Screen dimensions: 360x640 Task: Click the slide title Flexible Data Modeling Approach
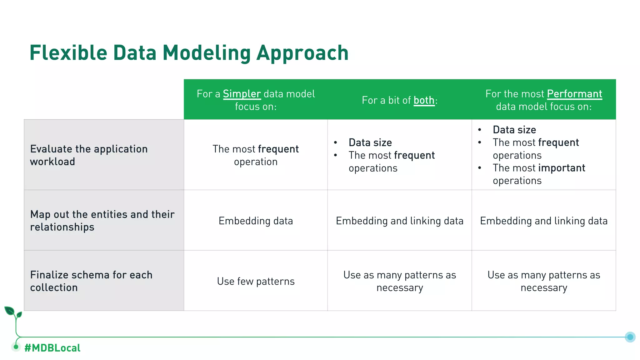click(189, 52)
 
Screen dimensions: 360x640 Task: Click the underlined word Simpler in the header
click(242, 94)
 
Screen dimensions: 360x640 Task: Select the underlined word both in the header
click(424, 100)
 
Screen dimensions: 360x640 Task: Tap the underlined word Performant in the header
click(574, 94)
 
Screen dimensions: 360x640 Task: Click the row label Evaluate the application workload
click(89, 155)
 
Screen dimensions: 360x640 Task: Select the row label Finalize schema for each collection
click(91, 281)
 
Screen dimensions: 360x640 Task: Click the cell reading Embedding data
click(256, 221)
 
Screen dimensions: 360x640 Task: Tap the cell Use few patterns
click(256, 281)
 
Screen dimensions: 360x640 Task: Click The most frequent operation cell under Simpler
click(256, 155)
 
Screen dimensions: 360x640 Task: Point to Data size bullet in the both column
click(370, 142)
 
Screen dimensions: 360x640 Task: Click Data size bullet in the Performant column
click(514, 130)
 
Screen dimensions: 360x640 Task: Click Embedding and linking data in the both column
click(399, 221)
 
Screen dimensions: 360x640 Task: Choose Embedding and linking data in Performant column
click(544, 221)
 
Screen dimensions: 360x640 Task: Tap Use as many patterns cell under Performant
click(544, 281)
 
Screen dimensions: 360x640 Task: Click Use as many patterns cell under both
click(399, 281)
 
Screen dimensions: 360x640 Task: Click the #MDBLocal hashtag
click(52, 348)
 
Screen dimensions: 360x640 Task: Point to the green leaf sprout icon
click(13, 313)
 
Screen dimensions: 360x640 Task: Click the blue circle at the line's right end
click(630, 337)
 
